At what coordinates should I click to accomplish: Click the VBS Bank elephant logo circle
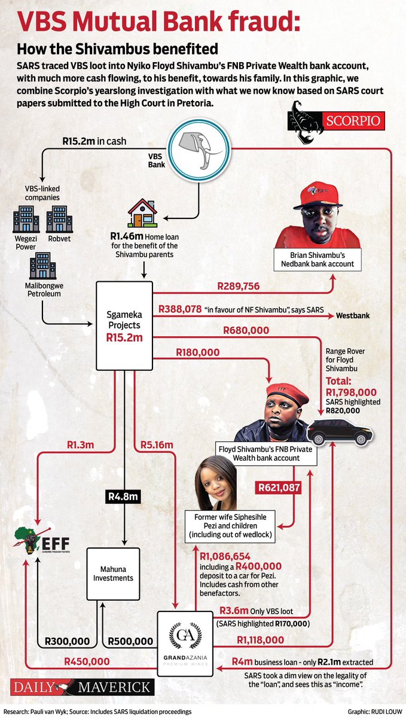click(199, 150)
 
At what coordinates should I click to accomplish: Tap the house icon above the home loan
click(142, 213)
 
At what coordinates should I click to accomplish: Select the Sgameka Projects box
click(124, 325)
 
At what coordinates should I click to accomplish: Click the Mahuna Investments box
click(113, 573)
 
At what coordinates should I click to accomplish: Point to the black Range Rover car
click(340, 433)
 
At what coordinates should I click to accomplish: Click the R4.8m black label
click(123, 497)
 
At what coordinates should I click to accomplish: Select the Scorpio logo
click(336, 121)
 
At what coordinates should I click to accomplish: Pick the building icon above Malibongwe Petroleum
click(42, 266)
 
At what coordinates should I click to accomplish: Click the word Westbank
click(353, 316)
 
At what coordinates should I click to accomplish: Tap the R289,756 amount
click(239, 286)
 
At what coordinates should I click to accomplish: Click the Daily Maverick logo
click(83, 687)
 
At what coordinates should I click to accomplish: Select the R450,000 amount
click(87, 661)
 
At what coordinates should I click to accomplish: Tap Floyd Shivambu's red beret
click(287, 394)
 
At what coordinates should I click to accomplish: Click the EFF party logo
click(42, 541)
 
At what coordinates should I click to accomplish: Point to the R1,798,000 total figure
click(351, 393)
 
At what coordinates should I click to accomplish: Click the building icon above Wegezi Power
click(26, 219)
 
